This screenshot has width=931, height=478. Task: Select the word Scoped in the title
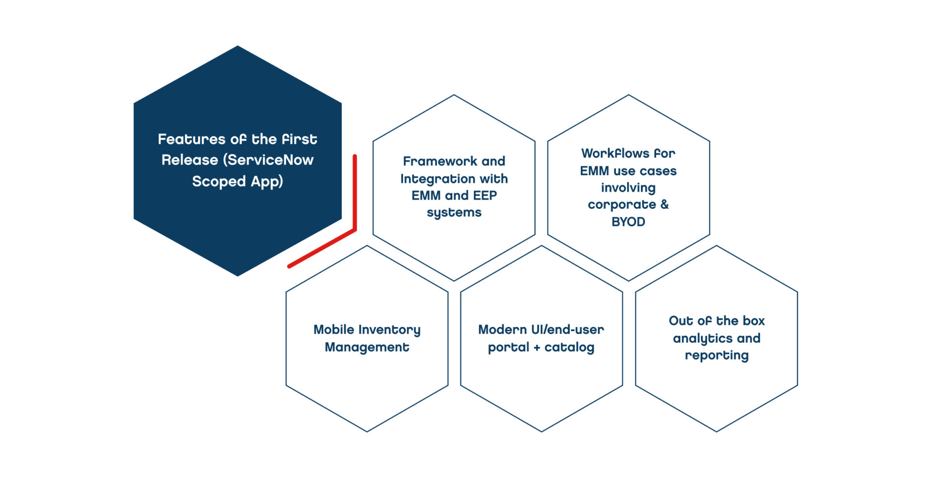[x=219, y=181]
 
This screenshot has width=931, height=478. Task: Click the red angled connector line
[x=354, y=194]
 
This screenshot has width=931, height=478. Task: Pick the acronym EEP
[x=484, y=196]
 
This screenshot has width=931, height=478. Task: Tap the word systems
[x=454, y=213]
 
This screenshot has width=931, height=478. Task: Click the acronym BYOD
[x=628, y=222]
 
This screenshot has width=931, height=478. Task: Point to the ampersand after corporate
[x=664, y=204]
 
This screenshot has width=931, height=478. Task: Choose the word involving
[x=628, y=188]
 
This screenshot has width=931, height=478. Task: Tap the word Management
[x=367, y=347]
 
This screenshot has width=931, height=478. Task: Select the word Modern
[x=502, y=330]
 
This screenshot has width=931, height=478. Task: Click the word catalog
[x=569, y=347]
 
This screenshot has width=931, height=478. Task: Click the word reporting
[x=717, y=356]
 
